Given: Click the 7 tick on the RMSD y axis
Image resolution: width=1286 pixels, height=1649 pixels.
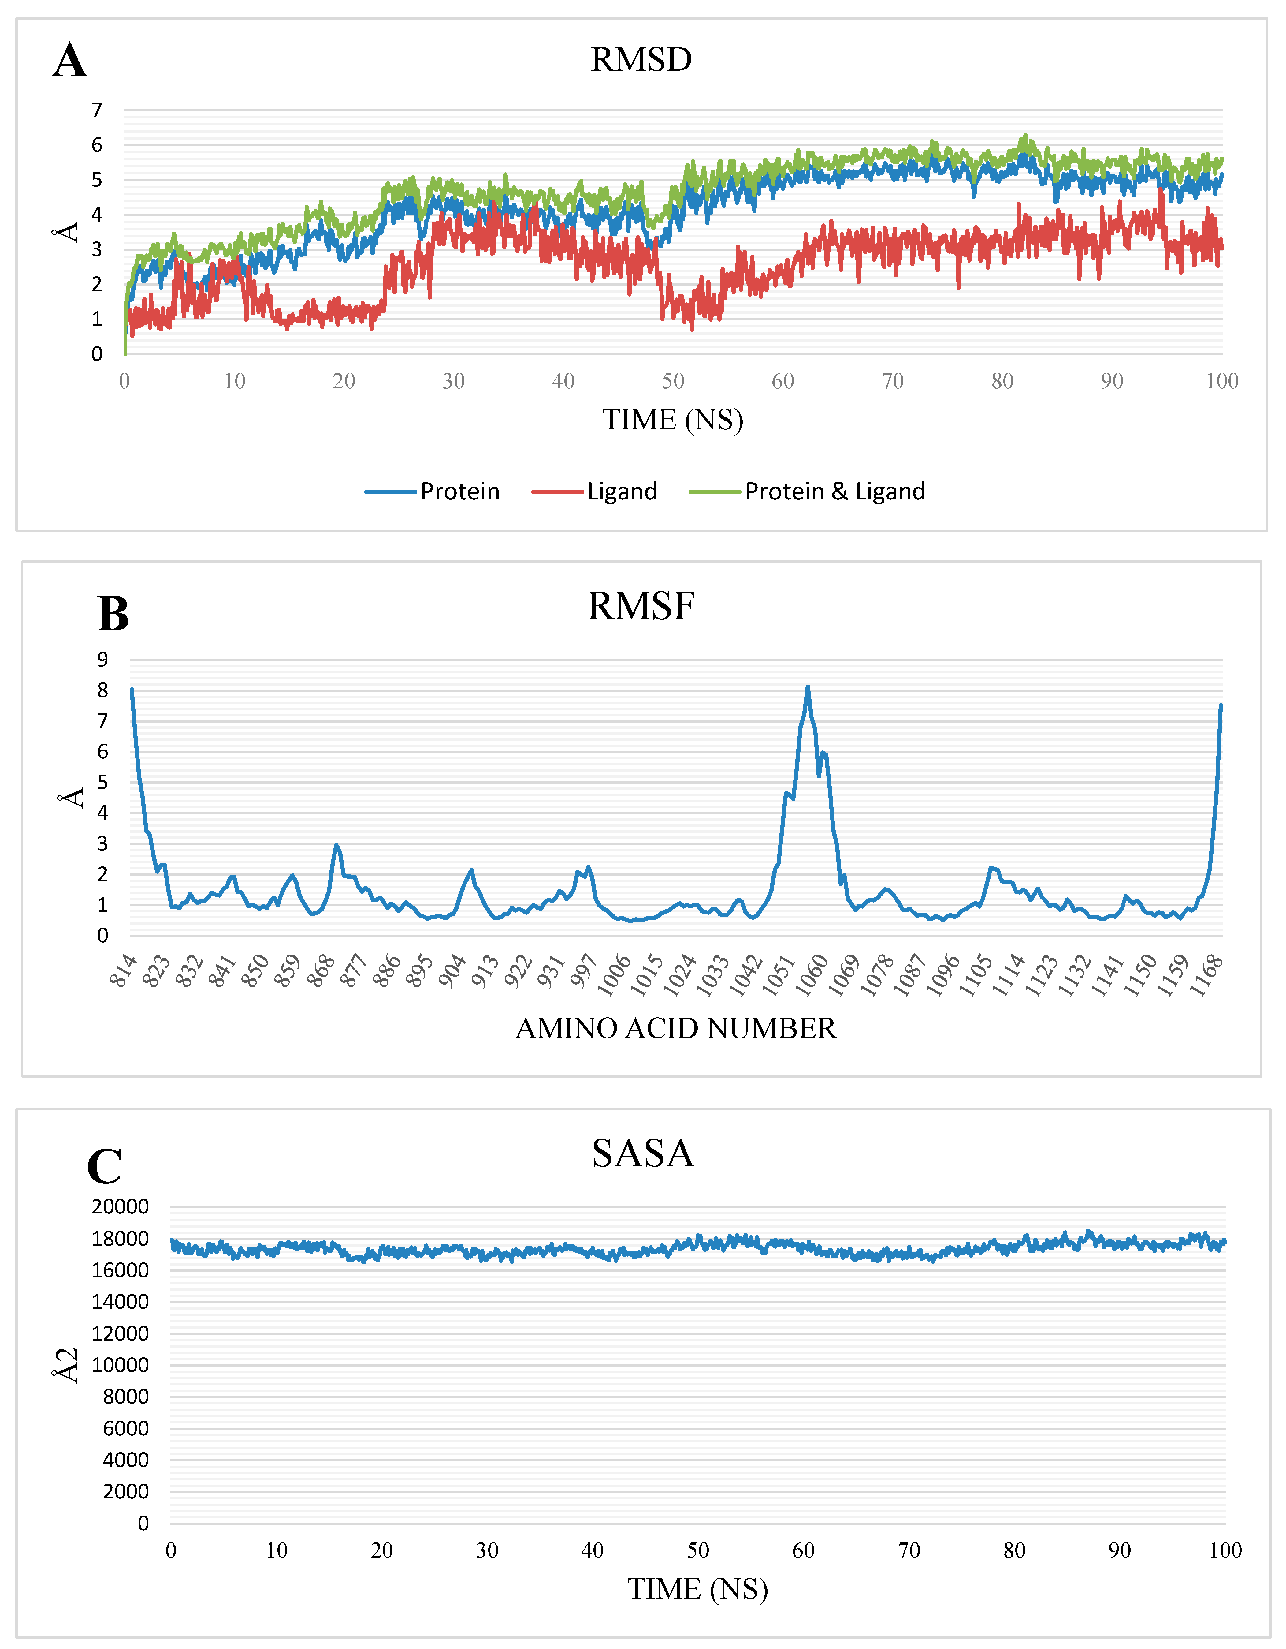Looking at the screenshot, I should click(97, 110).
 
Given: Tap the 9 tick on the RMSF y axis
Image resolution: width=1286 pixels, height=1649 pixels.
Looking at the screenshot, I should click(103, 659).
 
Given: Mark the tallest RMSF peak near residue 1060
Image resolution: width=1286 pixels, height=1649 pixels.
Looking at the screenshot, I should click(808, 687).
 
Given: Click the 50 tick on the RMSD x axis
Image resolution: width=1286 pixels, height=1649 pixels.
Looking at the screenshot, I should click(673, 381).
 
